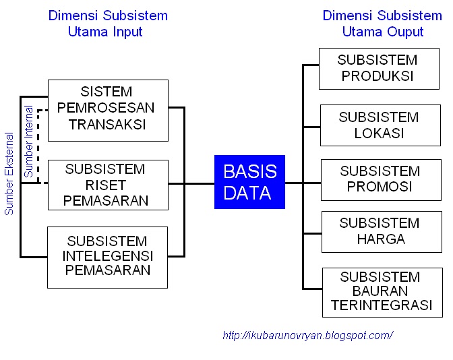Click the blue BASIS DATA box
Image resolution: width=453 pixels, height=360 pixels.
click(249, 182)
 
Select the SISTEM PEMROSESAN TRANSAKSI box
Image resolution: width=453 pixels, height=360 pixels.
click(108, 110)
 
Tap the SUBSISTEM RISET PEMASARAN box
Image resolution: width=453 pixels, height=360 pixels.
click(108, 185)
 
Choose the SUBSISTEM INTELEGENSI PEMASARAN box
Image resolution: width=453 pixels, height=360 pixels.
click(108, 257)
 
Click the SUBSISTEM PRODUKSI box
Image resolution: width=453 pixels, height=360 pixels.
click(377, 68)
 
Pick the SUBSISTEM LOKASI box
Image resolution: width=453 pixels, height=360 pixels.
click(377, 125)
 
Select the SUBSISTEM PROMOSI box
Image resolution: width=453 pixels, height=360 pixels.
click(377, 179)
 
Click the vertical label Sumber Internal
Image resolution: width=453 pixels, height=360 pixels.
click(29, 142)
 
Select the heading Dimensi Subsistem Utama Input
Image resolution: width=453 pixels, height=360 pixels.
click(108, 24)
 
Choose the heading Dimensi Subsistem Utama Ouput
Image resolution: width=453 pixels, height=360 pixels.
click(382, 24)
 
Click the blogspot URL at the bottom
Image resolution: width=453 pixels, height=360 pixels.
click(307, 335)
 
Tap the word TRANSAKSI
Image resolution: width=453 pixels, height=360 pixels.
click(108, 125)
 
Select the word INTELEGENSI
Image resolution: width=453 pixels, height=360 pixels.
click(108, 257)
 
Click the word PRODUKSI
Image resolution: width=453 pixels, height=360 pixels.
click(378, 76)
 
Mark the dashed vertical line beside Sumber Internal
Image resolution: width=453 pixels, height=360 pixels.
click(38, 145)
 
